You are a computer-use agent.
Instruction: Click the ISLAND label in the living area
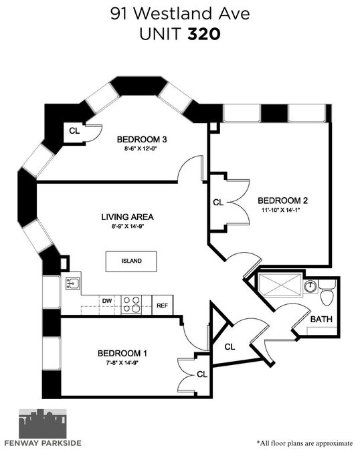pos(131,261)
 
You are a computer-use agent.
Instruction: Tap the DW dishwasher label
pos(107,301)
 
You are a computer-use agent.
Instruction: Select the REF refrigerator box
pos(163,306)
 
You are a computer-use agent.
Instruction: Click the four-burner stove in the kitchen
pos(132,304)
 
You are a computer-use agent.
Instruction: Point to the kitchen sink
pos(73,284)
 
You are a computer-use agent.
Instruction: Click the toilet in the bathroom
pos(327,292)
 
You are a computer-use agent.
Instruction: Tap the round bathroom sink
pos(310,286)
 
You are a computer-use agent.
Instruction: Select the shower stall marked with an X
pos(280,284)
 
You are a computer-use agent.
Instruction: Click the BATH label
pos(321,319)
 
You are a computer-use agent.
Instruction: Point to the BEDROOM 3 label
pos(142,139)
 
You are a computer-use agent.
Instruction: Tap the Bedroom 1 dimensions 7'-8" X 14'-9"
pos(122,362)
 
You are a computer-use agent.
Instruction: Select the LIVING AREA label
pos(127,217)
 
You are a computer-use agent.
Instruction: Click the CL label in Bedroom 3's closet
pos(74,131)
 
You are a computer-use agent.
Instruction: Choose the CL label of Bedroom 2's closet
pos(218,203)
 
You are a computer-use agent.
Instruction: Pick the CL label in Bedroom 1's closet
pos(202,374)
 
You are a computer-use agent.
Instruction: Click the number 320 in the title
pos(204,34)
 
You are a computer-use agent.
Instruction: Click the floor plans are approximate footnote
pos(304,443)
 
